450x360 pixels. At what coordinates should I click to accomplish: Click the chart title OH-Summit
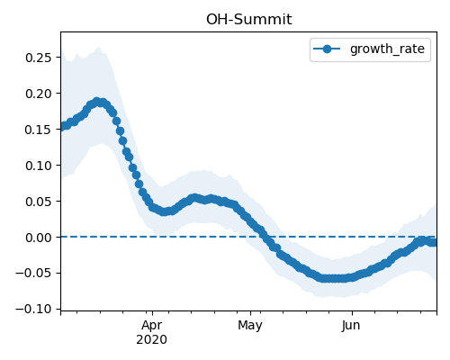point(248,20)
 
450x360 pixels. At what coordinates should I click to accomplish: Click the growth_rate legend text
point(387,49)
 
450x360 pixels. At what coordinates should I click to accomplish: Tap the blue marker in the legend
point(327,49)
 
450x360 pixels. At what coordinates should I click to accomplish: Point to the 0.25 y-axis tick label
point(39,58)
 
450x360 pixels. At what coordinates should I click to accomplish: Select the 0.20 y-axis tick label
point(39,94)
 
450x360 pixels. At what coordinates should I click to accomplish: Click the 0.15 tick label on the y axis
point(39,130)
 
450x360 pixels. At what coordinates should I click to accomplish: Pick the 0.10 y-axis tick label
point(39,166)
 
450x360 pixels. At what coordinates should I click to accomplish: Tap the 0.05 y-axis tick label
point(39,202)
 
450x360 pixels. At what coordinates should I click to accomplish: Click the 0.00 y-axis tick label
point(39,238)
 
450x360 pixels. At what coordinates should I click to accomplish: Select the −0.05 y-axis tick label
point(34,274)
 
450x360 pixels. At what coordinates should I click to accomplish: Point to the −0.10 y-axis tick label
point(34,309)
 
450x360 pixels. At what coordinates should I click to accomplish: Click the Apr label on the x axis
point(152,326)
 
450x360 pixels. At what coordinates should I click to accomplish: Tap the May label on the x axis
point(250,326)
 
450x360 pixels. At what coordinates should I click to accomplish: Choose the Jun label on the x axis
point(351,326)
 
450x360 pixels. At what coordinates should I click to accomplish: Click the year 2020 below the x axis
point(151,340)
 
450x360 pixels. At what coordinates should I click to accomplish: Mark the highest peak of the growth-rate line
point(96,102)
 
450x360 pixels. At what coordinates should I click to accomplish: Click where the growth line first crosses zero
point(267,237)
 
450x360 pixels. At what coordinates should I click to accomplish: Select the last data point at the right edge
point(435,242)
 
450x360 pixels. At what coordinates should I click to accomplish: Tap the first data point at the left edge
point(62,127)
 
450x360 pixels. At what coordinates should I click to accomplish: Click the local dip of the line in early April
point(164,211)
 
